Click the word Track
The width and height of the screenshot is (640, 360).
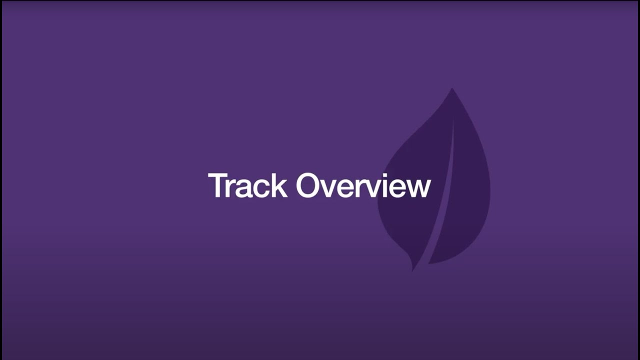point(247,185)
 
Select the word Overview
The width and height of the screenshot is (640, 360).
point(363,185)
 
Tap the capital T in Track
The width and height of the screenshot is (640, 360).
point(216,185)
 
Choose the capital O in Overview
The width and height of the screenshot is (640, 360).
point(309,185)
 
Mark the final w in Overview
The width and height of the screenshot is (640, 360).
point(417,188)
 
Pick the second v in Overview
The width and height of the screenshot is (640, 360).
point(369,188)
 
